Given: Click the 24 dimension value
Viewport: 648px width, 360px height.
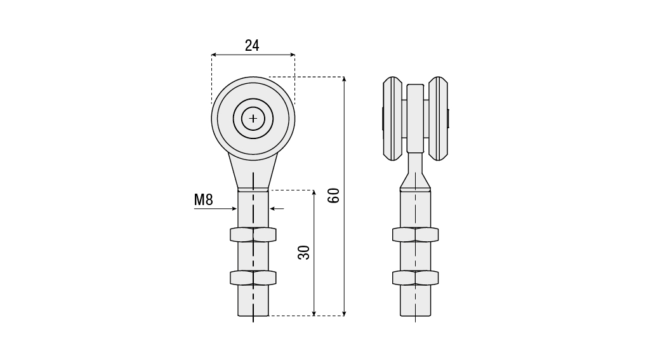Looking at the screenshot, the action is (x=252, y=46).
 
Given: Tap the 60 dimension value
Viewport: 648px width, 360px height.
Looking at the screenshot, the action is (x=333, y=196).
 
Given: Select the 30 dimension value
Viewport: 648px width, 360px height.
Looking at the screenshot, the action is (x=304, y=253).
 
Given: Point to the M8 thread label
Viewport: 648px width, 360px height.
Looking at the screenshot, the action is (x=203, y=199).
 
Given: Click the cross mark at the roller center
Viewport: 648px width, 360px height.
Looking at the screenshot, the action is (x=253, y=119).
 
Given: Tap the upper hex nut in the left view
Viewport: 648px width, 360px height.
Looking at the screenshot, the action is (x=253, y=235).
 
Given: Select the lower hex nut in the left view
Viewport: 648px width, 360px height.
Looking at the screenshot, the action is (x=253, y=277).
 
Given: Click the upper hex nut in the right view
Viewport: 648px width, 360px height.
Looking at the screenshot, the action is (x=415, y=235).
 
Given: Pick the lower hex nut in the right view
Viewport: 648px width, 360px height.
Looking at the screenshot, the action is (x=415, y=277).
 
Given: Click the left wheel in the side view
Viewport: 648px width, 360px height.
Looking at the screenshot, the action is (x=392, y=119).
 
